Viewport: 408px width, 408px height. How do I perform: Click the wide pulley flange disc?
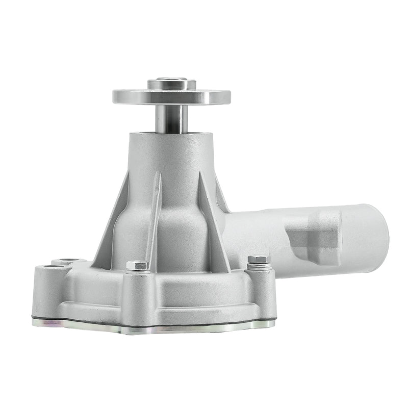pos(171,96)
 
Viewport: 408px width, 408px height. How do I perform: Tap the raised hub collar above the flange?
pos(172,85)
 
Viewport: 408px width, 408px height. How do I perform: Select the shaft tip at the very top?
pos(172,80)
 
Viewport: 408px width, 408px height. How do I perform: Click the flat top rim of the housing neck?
pos(172,134)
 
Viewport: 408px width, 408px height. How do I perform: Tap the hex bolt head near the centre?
pos(137,265)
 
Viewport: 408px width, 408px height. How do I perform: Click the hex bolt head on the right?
pos(259,260)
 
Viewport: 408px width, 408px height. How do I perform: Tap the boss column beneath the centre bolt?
pos(137,296)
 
